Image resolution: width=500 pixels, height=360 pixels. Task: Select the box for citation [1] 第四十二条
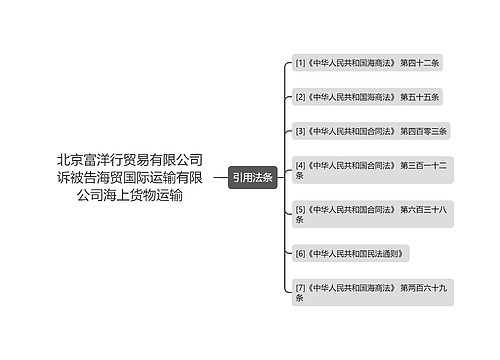coord(367,63)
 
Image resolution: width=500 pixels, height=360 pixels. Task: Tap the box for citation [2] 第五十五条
coord(367,97)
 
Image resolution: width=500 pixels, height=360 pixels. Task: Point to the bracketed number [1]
coord(300,63)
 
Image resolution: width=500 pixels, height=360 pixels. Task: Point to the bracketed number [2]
coord(300,97)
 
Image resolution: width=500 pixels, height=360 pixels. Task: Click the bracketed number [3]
coord(300,131)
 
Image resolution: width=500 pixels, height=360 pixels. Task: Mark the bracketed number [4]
coord(300,163)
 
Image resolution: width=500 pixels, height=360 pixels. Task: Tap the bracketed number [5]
coord(300,208)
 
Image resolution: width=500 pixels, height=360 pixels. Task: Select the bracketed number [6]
coord(300,255)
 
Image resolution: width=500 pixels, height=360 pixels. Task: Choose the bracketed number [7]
coord(300,287)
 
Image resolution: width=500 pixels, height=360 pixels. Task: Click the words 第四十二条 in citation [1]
coord(420,63)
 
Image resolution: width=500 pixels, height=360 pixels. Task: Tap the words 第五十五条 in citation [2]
coord(420,97)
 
